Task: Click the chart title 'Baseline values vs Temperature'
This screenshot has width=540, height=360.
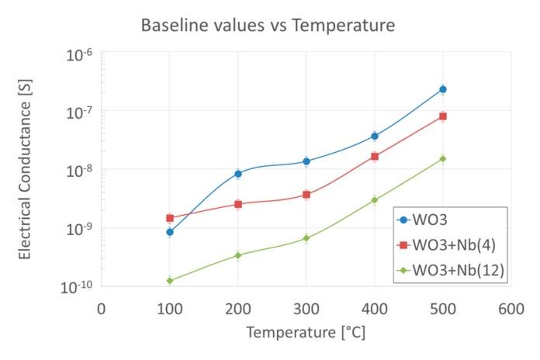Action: [268, 26]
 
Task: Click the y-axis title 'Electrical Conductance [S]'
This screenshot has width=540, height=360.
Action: [25, 170]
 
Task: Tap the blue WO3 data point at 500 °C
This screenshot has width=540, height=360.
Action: [443, 89]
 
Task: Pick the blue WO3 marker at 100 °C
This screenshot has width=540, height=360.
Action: [169, 232]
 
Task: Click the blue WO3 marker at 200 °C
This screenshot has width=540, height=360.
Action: [238, 174]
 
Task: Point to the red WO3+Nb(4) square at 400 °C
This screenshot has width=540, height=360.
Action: [375, 157]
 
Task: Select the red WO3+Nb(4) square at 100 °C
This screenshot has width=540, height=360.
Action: [169, 218]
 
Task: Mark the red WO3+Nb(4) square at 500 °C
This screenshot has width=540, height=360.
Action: [443, 116]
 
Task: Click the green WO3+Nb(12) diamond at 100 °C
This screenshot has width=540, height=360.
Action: [169, 281]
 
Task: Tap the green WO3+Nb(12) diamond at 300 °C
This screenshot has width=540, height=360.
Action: [306, 238]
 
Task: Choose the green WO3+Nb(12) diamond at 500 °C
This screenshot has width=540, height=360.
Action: [443, 159]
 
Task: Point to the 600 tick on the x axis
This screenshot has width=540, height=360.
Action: [511, 308]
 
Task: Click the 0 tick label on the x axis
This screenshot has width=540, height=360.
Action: [101, 308]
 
